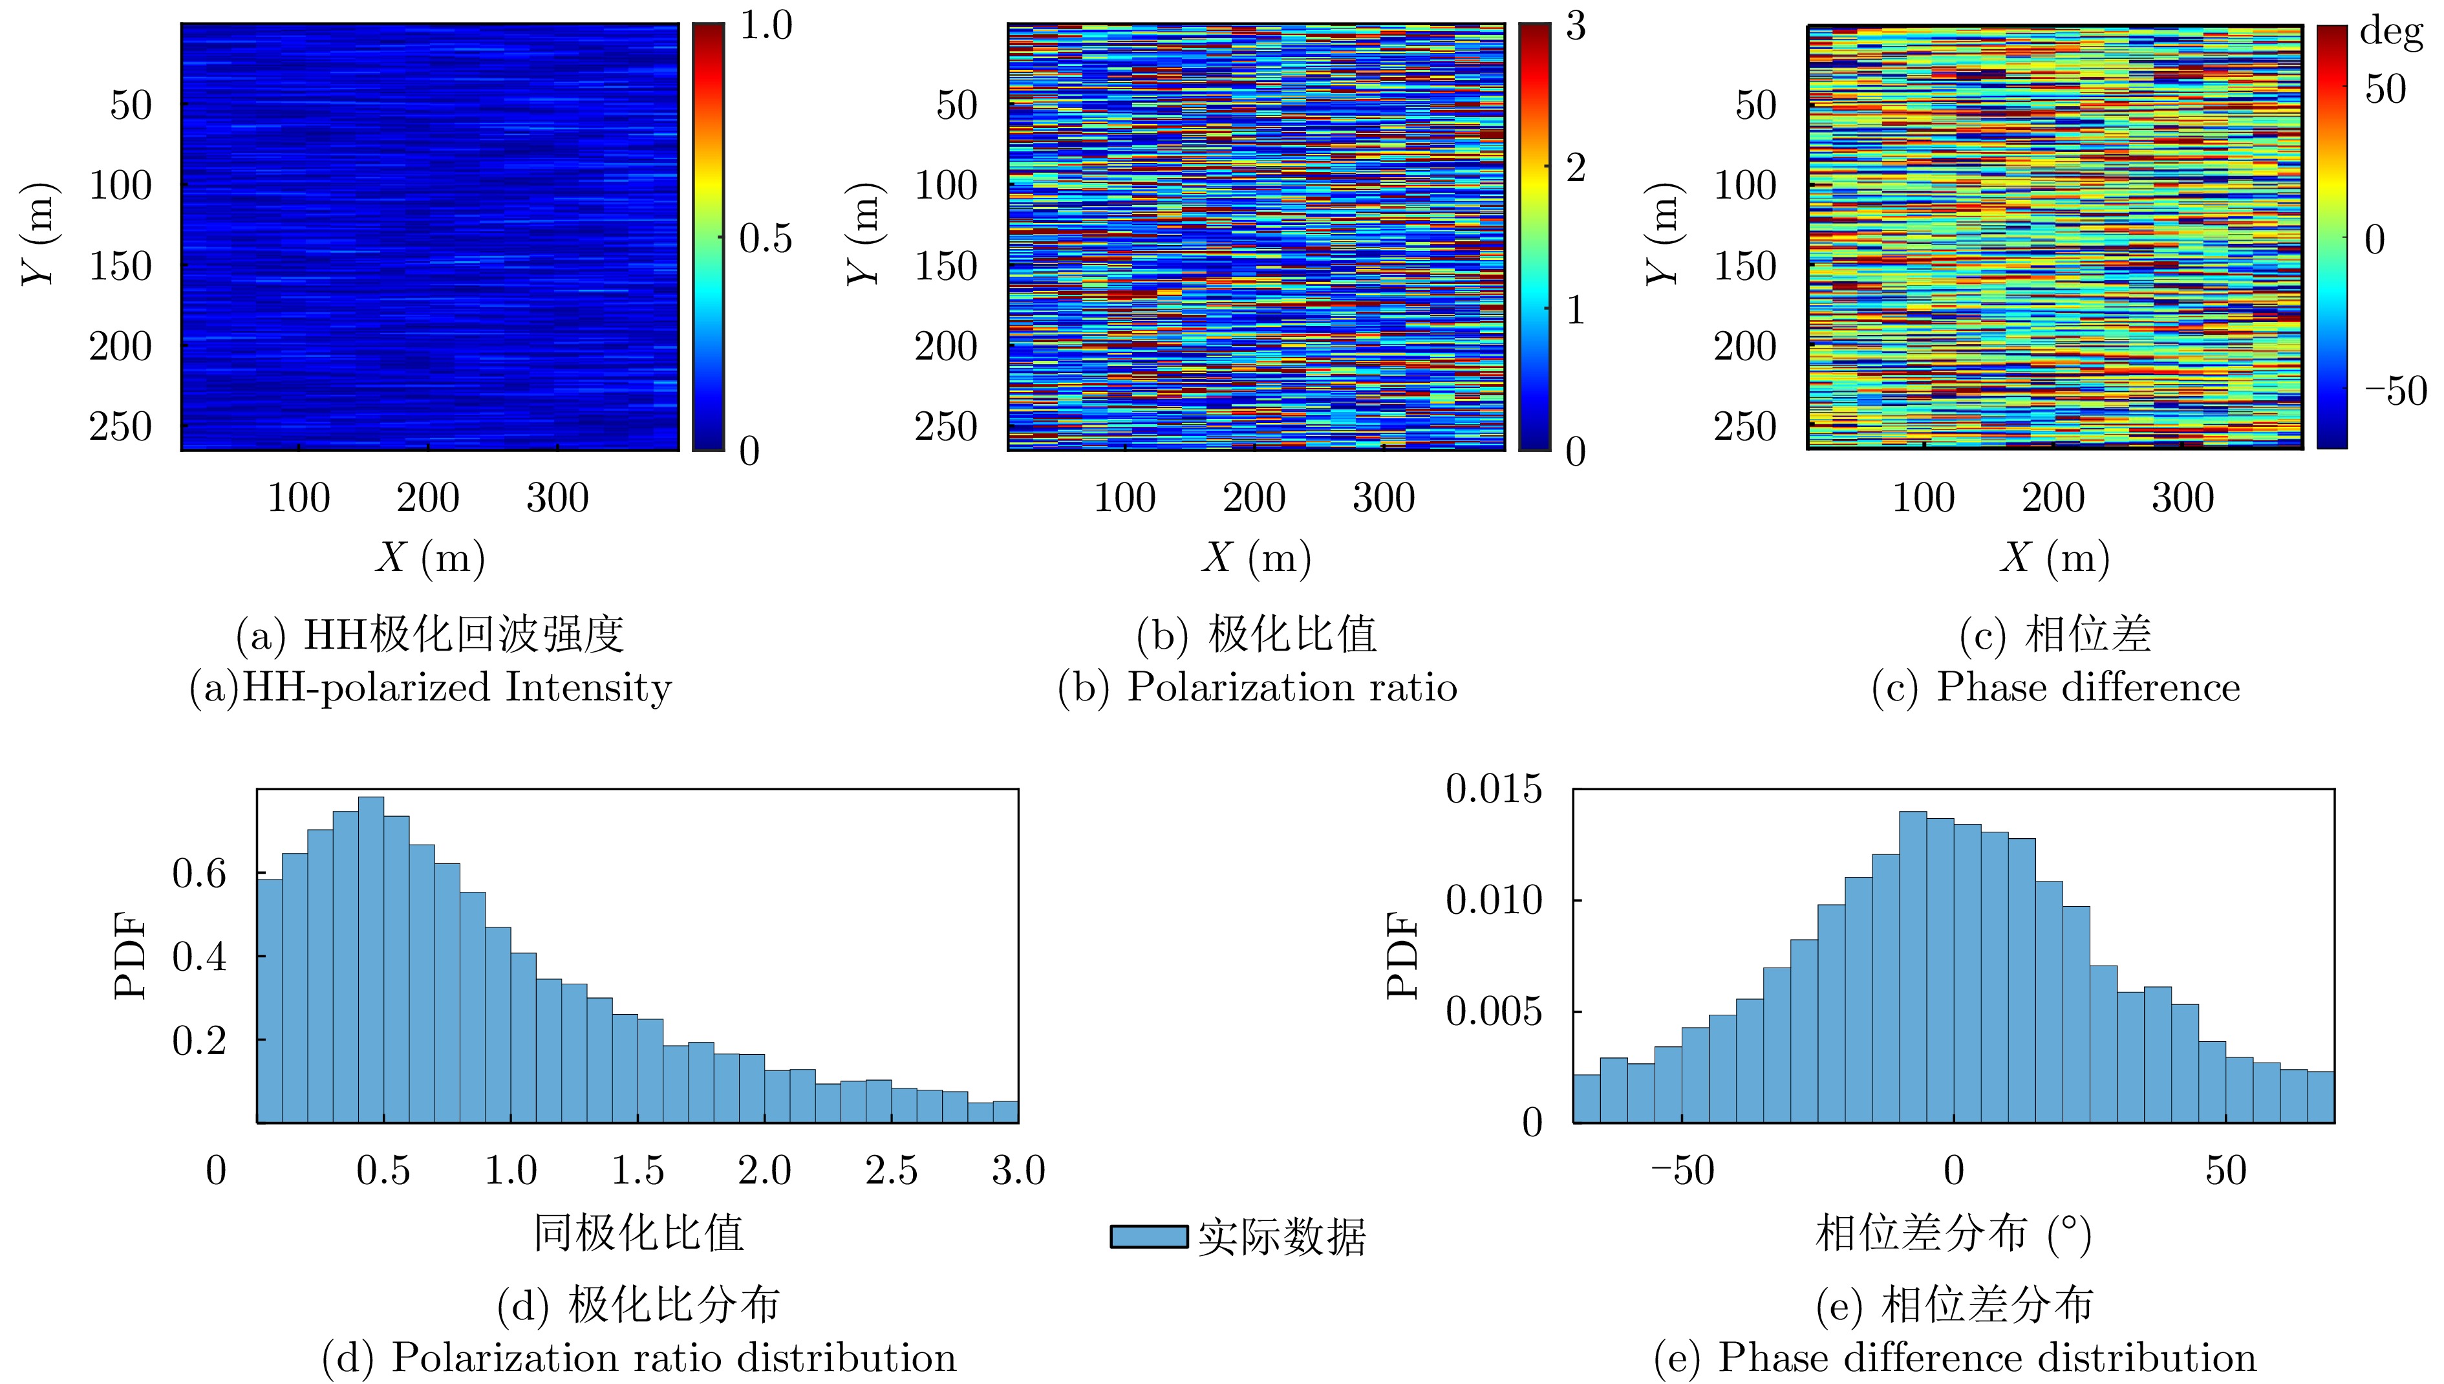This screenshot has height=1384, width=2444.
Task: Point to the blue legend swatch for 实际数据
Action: click(x=1149, y=1237)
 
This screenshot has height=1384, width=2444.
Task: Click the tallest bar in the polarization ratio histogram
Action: click(x=370, y=960)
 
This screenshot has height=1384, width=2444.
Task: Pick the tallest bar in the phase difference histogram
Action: click(x=1913, y=967)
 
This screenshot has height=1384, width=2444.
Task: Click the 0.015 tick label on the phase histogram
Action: click(x=1494, y=789)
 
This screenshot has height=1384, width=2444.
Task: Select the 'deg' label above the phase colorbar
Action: click(x=2391, y=32)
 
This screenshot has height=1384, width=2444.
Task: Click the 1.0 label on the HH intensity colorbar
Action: click(x=765, y=26)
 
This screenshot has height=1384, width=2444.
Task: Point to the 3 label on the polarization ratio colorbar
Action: click(x=1576, y=27)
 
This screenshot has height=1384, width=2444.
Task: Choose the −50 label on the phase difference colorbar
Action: click(x=2396, y=391)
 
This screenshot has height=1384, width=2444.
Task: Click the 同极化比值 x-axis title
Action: click(x=639, y=1233)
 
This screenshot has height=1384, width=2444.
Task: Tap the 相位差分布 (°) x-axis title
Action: click(x=1953, y=1233)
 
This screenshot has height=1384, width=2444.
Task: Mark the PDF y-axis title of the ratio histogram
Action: click(x=131, y=955)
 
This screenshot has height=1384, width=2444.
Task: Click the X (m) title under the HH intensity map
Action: click(x=429, y=557)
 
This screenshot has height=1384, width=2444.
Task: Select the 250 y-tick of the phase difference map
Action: click(x=1744, y=427)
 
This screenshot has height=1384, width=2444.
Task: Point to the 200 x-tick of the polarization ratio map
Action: click(x=1254, y=497)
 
